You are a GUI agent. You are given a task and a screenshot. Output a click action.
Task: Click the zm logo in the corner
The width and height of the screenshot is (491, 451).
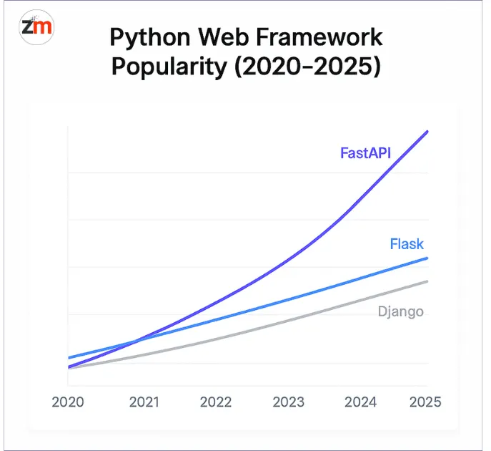pyautogui.click(x=37, y=29)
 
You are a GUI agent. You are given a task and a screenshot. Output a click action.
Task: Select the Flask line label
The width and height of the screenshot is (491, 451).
pyautogui.click(x=407, y=244)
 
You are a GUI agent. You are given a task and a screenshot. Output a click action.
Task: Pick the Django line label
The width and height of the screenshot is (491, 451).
pyautogui.click(x=400, y=311)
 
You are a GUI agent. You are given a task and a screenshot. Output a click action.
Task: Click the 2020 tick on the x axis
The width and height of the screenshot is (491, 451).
pyautogui.click(x=68, y=402)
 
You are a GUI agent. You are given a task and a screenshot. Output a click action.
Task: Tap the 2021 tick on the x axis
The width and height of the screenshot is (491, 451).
pyautogui.click(x=145, y=402)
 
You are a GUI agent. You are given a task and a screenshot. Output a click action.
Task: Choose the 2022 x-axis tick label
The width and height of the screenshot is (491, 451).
pyautogui.click(x=217, y=402)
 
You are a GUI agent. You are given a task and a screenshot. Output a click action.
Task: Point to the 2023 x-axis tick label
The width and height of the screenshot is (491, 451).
pyautogui.click(x=289, y=402)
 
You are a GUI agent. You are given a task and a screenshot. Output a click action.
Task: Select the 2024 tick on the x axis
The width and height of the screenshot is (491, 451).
pyautogui.click(x=360, y=402)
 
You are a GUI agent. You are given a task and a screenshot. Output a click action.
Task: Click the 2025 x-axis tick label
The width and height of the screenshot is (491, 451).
pyautogui.click(x=425, y=402)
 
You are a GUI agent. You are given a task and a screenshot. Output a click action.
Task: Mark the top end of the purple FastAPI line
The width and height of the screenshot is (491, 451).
pyautogui.click(x=427, y=131)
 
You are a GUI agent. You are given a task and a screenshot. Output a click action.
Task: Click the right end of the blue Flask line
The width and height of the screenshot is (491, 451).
pyautogui.click(x=427, y=258)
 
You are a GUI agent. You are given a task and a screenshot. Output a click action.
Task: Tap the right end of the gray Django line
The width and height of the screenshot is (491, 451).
pyautogui.click(x=427, y=281)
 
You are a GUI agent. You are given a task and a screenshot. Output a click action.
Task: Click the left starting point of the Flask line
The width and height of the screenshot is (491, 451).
pyautogui.click(x=69, y=357)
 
